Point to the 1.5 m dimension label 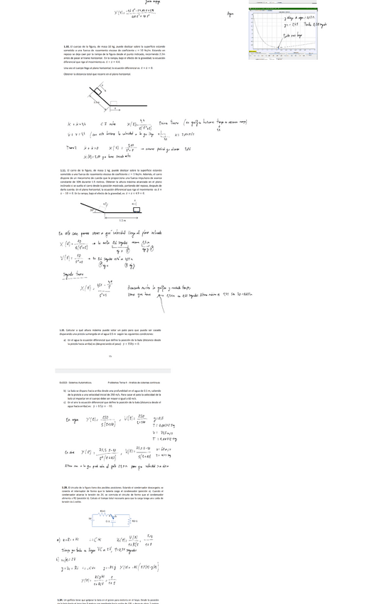(x=122, y=222)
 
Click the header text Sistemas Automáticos (x=70, y=382)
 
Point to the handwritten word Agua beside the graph (x=230, y=14)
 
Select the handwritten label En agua (x=73, y=420)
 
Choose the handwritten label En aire (x=70, y=452)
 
